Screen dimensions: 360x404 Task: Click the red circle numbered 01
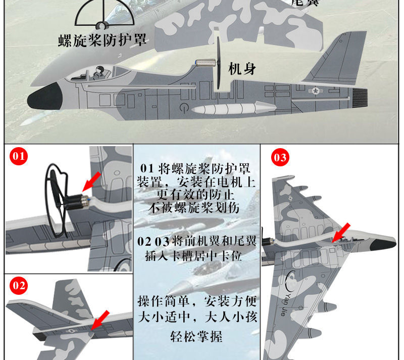click(19, 157)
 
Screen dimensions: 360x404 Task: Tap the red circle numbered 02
click(19, 286)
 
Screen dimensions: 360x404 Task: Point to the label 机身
click(242, 69)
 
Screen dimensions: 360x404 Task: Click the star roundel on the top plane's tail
click(317, 92)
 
